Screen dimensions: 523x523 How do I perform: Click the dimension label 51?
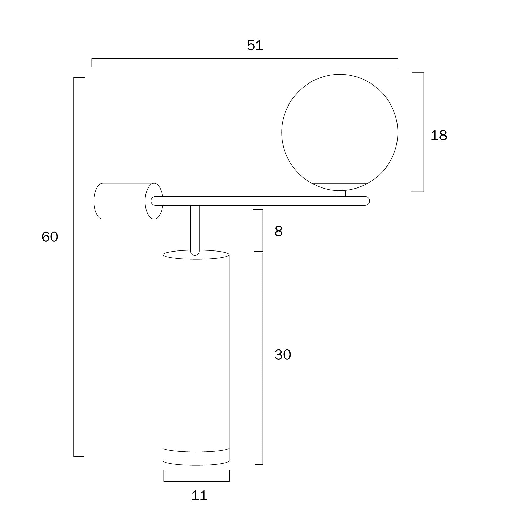tap(255, 45)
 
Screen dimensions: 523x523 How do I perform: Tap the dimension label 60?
tap(50, 237)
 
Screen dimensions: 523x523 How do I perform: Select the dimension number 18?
tap(438, 135)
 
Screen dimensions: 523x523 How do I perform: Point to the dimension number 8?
tap(278, 231)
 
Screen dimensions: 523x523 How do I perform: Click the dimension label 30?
tap(283, 355)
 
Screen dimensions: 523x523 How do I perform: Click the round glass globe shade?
tap(340, 132)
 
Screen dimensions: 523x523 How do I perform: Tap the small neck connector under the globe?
tap(341, 193)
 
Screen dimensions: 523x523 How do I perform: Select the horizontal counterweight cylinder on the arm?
tap(128, 201)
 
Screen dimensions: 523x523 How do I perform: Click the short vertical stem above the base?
tap(195, 230)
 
